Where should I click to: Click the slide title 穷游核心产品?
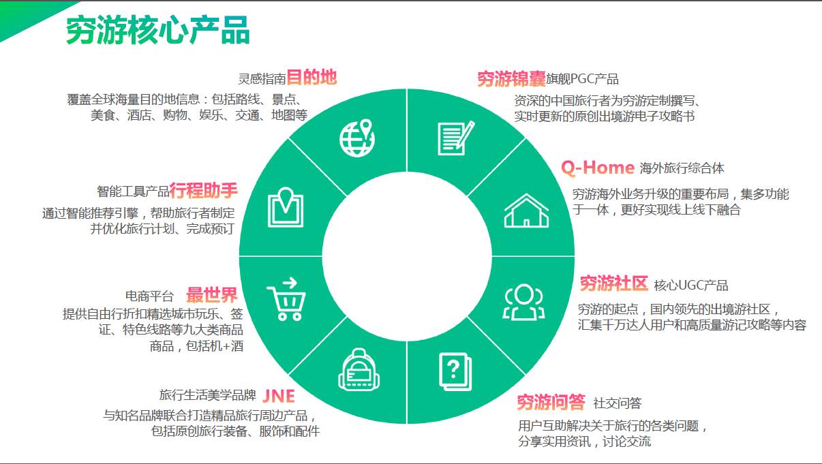coord(158,30)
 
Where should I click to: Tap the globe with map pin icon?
coord(357,138)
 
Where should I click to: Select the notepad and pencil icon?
coord(456,138)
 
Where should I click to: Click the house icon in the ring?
coord(526,211)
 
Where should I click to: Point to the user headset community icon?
coord(523,302)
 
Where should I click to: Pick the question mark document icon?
coord(455,371)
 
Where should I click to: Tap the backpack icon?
coord(359,369)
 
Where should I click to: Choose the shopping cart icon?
coord(286,299)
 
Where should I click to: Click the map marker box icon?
coord(286,207)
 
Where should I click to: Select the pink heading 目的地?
coord(311,77)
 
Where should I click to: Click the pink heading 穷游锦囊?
coord(511,79)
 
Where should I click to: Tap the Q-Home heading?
coord(598,168)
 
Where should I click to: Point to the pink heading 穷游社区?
coord(614,283)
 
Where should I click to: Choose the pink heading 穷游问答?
coord(551,403)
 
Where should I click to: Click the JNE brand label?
coord(279,396)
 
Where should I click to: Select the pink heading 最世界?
coord(212,295)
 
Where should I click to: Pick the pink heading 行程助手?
coord(203,190)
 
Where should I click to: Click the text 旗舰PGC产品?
coord(582,79)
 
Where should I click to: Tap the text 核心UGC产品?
coord(691,285)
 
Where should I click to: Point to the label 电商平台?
coord(149,296)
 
